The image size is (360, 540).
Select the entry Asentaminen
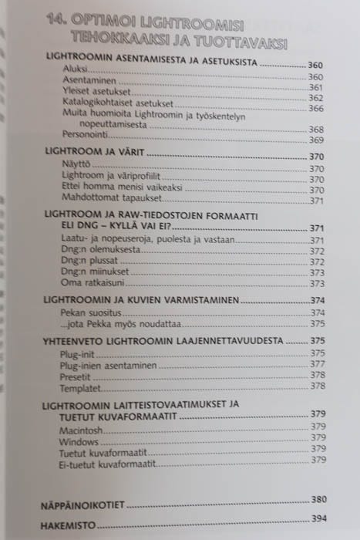(85, 78)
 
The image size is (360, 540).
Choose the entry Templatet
(81, 385)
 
